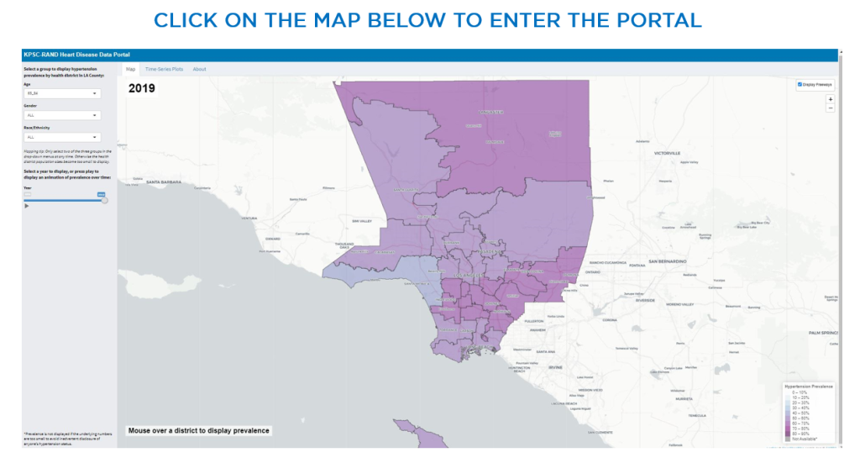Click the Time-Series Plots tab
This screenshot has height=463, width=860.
[x=164, y=69]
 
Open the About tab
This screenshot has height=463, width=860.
[x=199, y=69]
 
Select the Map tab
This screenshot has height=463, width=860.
[x=130, y=69]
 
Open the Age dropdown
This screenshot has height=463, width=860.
[x=62, y=94]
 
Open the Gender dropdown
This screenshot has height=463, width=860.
[x=62, y=115]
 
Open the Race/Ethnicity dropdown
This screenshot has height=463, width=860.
[x=62, y=137]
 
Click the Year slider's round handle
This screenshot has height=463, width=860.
[x=104, y=200]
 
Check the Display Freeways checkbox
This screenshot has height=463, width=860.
[x=800, y=84]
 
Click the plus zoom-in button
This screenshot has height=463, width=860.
[x=831, y=99]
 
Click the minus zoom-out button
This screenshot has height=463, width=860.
[x=831, y=108]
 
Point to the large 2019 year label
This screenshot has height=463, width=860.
[x=141, y=87]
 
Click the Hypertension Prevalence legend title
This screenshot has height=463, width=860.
[x=809, y=387]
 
